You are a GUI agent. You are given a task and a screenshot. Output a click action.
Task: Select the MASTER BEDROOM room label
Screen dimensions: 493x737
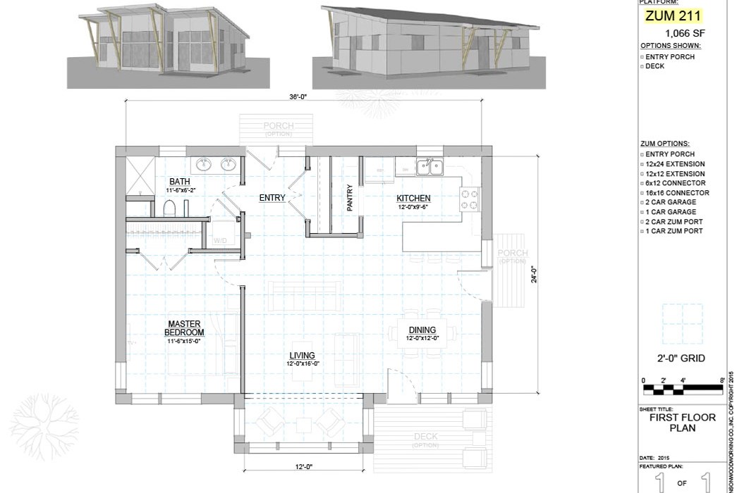click(185, 328)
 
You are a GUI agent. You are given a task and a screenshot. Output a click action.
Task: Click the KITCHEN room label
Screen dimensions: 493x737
click(413, 199)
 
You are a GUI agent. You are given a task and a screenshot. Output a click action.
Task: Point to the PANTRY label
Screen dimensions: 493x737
click(350, 198)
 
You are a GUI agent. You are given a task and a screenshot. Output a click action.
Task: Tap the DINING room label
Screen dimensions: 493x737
click(422, 330)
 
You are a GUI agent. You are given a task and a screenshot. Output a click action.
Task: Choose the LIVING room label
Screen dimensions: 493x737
click(302, 356)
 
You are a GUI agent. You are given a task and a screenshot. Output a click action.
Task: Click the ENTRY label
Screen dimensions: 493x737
click(272, 198)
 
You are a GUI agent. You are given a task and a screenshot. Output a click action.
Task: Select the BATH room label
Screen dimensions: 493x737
click(179, 182)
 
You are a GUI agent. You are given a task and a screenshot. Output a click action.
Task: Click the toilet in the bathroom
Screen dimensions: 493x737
click(169, 208)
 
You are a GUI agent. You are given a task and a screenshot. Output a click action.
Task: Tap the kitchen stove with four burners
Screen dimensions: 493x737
click(470, 199)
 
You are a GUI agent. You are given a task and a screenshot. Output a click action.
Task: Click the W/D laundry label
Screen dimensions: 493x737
click(220, 240)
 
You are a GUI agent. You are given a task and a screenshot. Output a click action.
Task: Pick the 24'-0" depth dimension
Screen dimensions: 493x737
click(534, 268)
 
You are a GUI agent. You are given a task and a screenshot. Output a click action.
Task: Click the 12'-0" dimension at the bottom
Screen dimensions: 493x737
click(304, 466)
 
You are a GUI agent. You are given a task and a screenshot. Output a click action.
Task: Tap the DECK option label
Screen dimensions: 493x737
click(426, 437)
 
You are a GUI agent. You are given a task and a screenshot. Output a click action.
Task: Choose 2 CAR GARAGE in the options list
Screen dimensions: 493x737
click(671, 202)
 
